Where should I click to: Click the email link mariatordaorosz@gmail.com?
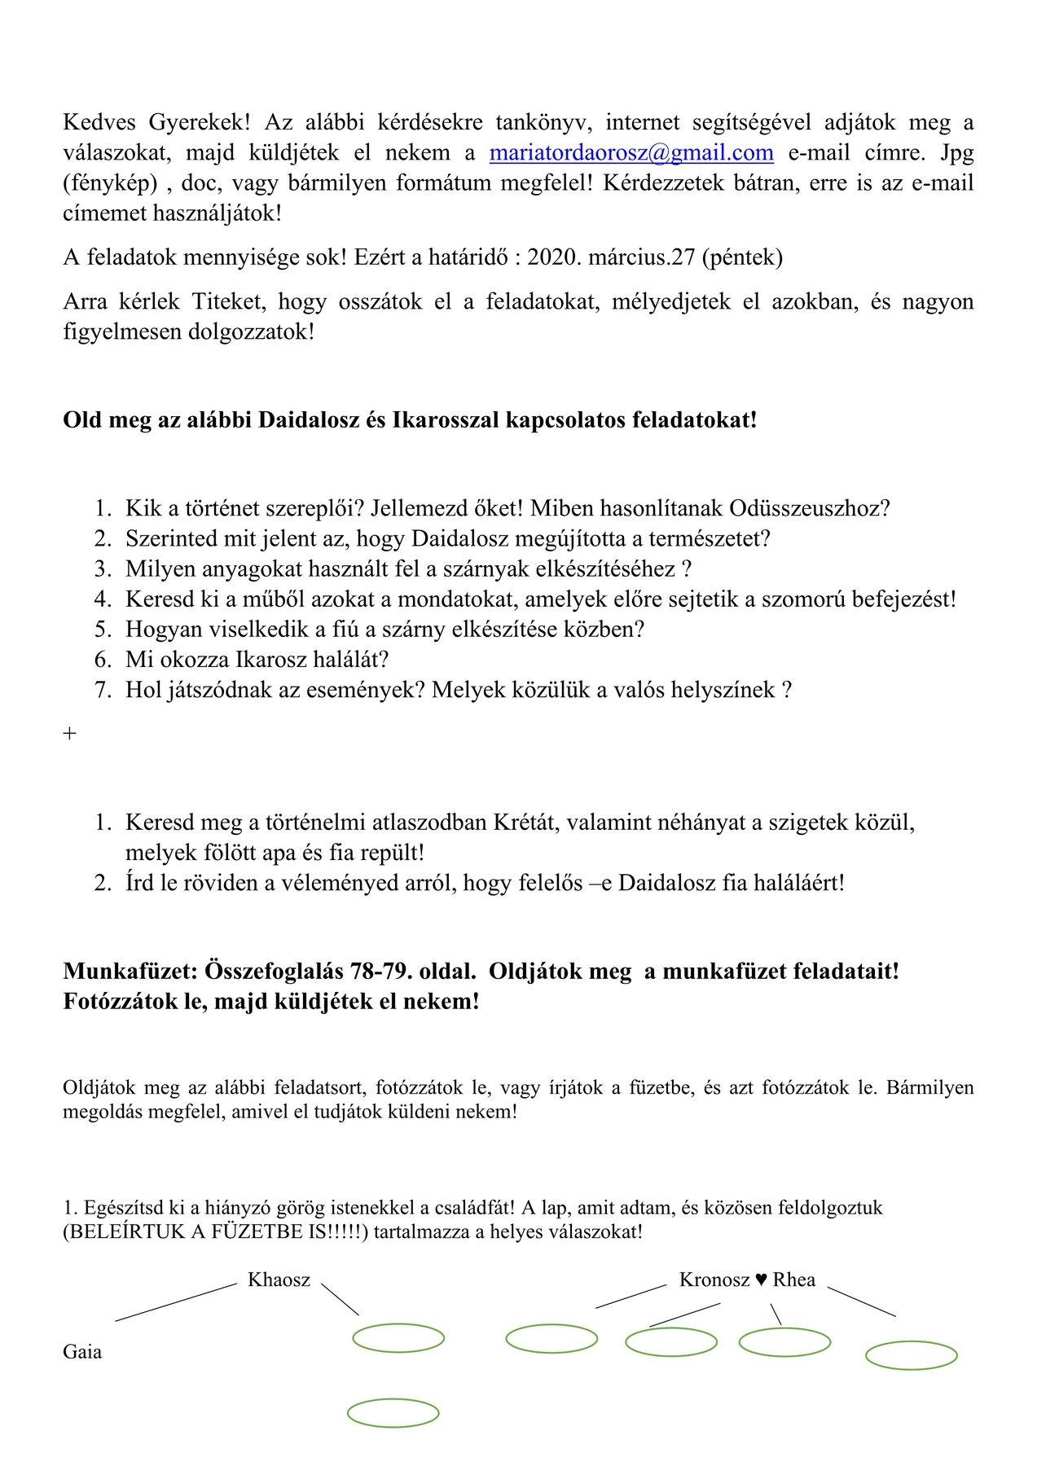(631, 153)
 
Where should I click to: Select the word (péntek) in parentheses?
(742, 257)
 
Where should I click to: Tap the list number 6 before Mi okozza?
(103, 659)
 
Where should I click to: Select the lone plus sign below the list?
(70, 733)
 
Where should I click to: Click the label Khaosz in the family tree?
(279, 1279)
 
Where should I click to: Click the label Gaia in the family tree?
(82, 1352)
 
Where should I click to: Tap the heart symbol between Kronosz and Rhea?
(761, 1279)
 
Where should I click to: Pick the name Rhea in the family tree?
(793, 1279)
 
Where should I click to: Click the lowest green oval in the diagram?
(393, 1413)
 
